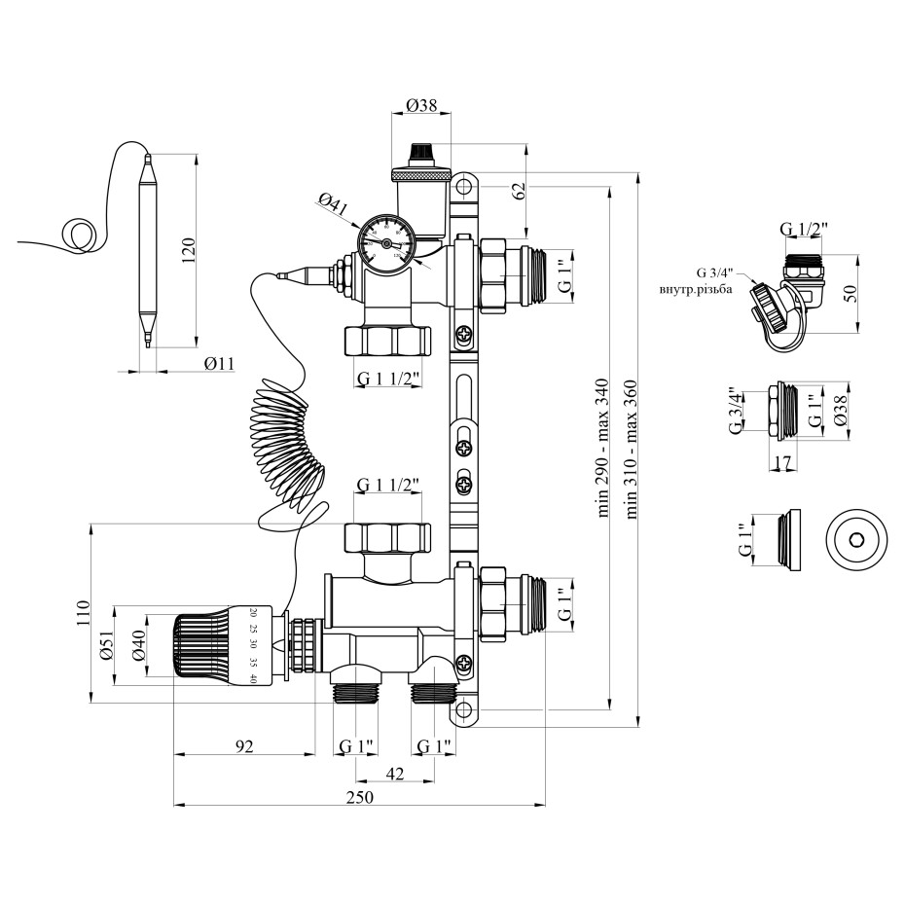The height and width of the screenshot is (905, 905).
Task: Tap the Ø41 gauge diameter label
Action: click(x=334, y=203)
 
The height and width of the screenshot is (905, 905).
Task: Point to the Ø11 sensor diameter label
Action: click(x=220, y=364)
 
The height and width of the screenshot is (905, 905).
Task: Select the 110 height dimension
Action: click(x=84, y=614)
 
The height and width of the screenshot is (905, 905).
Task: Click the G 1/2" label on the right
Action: click(x=804, y=230)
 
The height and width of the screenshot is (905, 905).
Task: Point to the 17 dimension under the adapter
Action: click(x=782, y=464)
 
